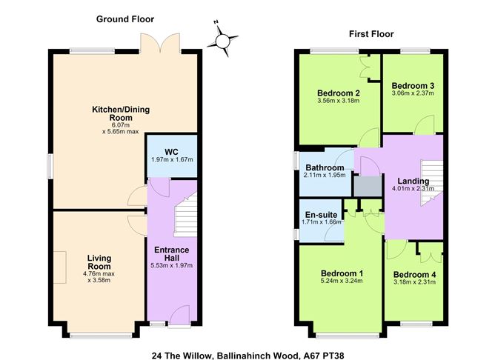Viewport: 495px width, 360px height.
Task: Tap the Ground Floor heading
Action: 125,19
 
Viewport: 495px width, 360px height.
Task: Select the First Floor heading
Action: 371,34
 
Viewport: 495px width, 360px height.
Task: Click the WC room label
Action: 171,151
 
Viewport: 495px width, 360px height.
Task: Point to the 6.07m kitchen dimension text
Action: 120,125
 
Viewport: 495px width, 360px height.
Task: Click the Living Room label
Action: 99,262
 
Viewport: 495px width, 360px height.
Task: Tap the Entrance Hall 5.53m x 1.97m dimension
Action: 171,265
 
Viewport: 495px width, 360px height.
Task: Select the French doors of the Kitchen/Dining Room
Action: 160,43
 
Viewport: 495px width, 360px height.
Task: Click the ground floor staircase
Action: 185,216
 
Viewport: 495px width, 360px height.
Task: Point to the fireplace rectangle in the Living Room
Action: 60,267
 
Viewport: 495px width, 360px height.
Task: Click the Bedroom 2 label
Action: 339,93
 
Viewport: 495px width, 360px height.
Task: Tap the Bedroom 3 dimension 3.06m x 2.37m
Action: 413,93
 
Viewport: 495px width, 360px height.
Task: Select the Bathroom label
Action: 325,167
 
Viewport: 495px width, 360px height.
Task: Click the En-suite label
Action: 321,215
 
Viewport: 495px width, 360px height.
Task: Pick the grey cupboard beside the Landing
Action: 368,186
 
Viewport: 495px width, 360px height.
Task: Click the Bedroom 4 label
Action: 414,275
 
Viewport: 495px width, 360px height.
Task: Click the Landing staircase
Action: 432,183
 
